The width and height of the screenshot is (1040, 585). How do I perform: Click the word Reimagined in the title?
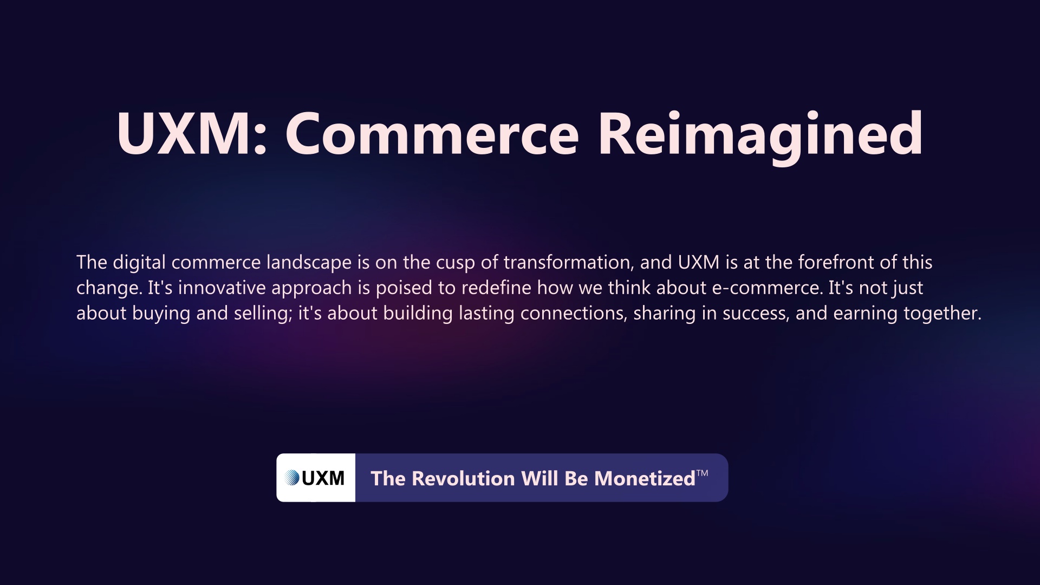point(760,134)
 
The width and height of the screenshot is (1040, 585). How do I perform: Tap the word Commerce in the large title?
point(432,134)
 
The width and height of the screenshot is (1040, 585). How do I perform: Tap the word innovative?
point(222,288)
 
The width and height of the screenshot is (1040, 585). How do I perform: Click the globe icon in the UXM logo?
point(292,478)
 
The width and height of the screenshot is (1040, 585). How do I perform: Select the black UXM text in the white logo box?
point(323,478)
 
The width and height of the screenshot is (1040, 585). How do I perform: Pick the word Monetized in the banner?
point(645,479)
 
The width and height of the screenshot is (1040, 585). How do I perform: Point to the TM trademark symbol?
point(702,473)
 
